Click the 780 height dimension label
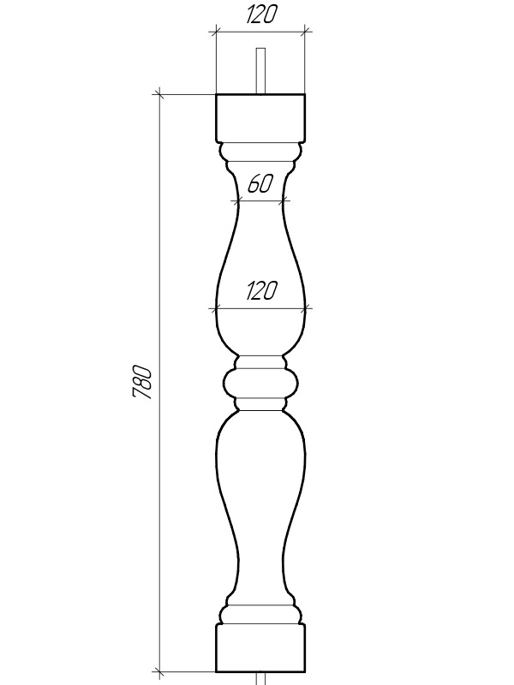142,382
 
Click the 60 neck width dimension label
260,183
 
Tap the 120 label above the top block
261,15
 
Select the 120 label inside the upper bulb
261,290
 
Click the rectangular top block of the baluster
260,118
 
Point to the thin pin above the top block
260,71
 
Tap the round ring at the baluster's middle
261,383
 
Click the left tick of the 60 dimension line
238,201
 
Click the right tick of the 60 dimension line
284,201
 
